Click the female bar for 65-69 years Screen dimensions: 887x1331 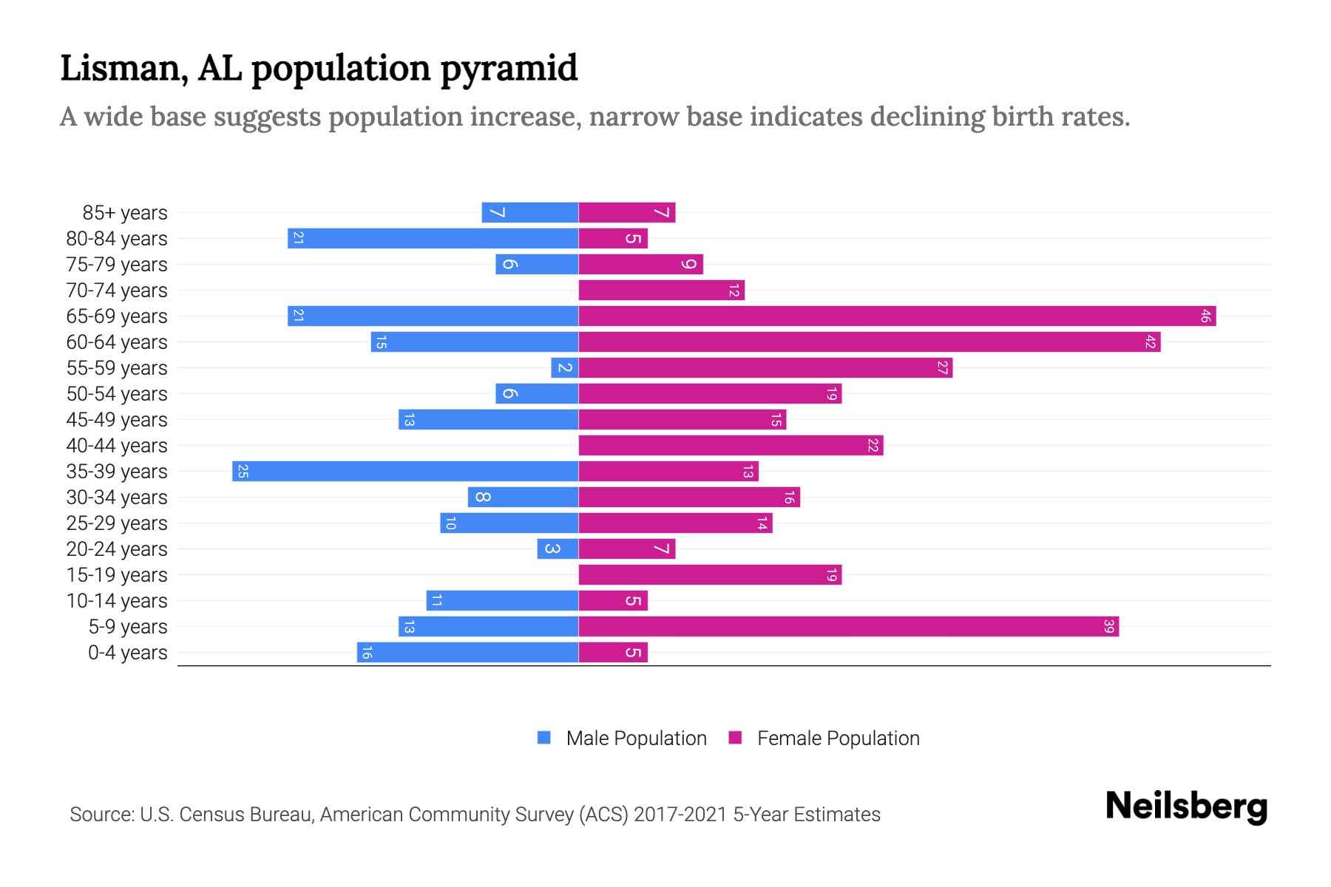[x=897, y=316]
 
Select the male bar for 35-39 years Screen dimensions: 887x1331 [x=405, y=472]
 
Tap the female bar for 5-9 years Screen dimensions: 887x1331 [x=848, y=627]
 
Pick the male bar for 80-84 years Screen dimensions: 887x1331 [x=433, y=239]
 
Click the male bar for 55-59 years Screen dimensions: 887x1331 [x=564, y=368]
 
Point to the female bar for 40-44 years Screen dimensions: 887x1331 [x=731, y=446]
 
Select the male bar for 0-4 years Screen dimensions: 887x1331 [x=467, y=653]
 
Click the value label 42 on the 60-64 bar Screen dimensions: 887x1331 [x=1150, y=342]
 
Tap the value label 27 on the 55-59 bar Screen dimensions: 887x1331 [x=942, y=368]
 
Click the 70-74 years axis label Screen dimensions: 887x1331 [x=117, y=290]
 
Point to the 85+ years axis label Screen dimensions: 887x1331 [x=125, y=213]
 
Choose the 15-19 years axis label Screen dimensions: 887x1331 [x=117, y=575]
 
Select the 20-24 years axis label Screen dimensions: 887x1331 [x=117, y=549]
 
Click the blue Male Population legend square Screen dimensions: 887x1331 [x=544, y=738]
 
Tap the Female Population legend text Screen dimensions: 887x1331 [x=838, y=738]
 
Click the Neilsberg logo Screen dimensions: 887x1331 [x=1186, y=806]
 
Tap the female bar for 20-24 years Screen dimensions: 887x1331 [x=626, y=549]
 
